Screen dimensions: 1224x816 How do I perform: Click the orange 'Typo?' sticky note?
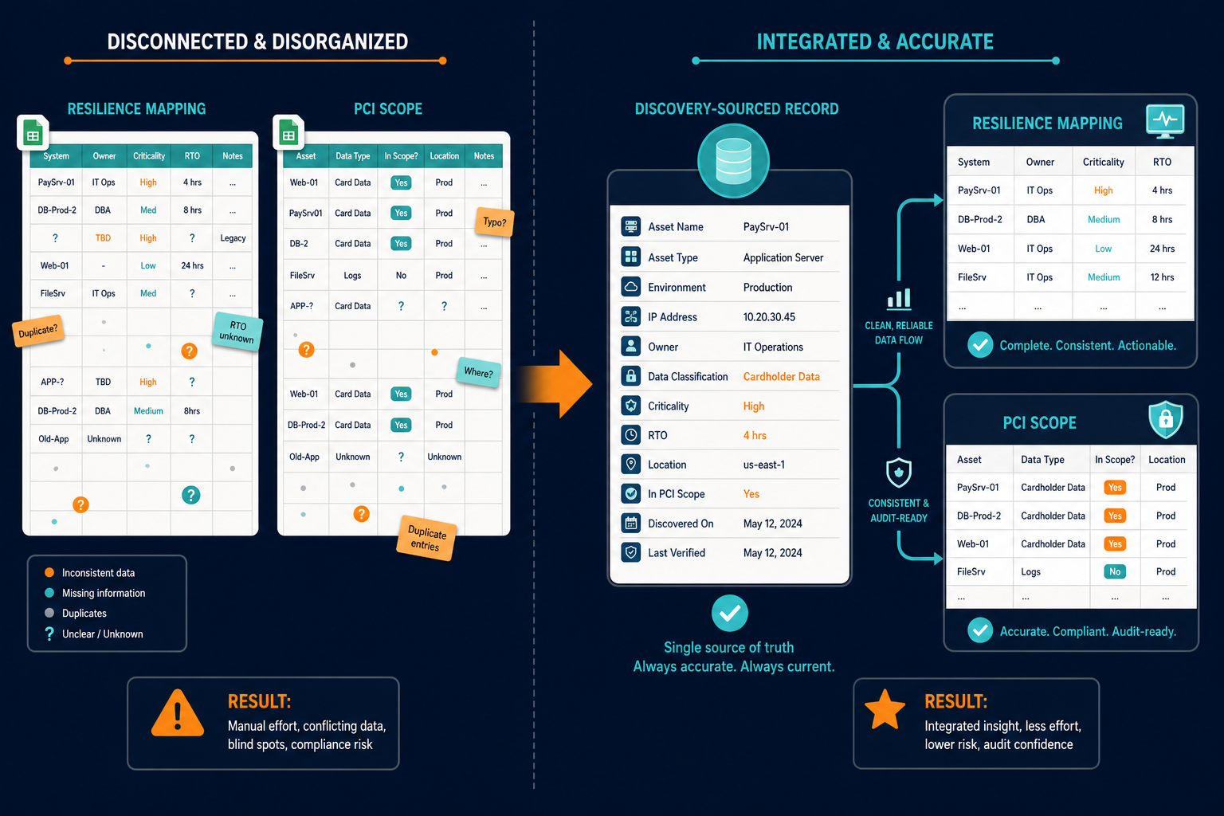click(495, 222)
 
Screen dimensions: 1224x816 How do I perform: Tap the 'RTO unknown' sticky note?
click(237, 331)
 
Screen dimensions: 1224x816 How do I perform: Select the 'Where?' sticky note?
click(479, 371)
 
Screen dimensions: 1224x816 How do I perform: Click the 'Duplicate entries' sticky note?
click(426, 539)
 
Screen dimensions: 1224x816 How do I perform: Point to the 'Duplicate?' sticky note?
click(37, 331)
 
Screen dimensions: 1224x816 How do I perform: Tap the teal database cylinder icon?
click(733, 161)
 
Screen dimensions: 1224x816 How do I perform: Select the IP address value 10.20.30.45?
click(769, 317)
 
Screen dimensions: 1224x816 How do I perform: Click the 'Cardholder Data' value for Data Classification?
click(782, 377)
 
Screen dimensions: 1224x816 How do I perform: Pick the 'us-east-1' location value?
click(764, 465)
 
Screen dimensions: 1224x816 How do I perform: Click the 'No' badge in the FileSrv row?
click(1115, 571)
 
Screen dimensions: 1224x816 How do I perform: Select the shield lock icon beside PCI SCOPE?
click(1166, 419)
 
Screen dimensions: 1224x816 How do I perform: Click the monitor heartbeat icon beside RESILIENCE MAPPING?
click(1165, 120)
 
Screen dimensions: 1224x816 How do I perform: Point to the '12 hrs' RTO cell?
click(1162, 277)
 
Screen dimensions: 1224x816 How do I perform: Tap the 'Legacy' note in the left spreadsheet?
click(233, 238)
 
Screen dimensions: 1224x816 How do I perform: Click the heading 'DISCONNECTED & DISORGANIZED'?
click(257, 41)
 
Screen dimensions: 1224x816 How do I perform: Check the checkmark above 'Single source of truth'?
click(729, 614)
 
